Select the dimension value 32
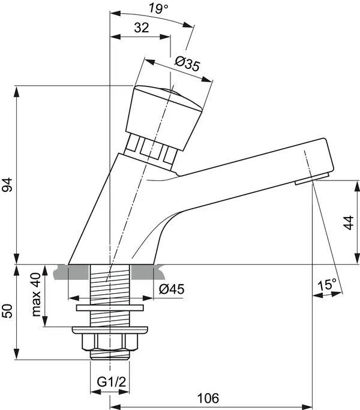pos(141,28)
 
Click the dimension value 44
pos(349,222)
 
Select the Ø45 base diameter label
pos(172,290)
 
